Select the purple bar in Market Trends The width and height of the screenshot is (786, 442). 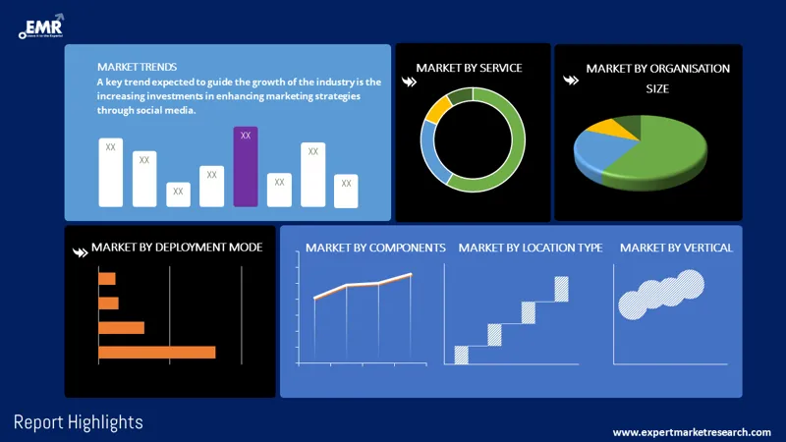click(x=246, y=167)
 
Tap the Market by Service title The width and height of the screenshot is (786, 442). click(x=469, y=68)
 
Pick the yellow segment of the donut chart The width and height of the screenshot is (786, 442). click(x=437, y=108)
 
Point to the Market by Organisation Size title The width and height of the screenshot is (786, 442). click(x=657, y=78)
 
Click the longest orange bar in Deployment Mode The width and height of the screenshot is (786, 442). click(x=156, y=352)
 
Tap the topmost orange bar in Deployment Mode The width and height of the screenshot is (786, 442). click(x=107, y=279)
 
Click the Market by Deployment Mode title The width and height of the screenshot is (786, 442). click(x=177, y=247)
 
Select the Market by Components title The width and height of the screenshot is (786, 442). click(x=375, y=248)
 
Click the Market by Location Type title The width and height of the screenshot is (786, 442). click(x=531, y=248)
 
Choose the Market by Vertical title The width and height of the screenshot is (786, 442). click(x=676, y=248)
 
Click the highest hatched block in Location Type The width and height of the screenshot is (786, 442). click(x=562, y=289)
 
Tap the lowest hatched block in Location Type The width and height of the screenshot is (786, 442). click(x=461, y=355)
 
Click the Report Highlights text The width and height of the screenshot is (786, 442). click(x=79, y=422)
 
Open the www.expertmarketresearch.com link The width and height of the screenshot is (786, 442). click(x=692, y=432)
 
